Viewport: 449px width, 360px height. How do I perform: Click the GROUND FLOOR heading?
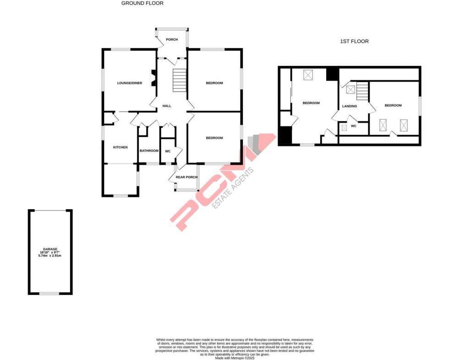tap(142, 3)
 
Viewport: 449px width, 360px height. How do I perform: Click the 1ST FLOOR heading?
tap(354, 41)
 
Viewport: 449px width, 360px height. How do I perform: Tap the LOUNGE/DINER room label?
tap(130, 83)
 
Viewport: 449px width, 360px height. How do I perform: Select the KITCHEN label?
tap(120, 147)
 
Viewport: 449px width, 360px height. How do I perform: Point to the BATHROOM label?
tap(149, 151)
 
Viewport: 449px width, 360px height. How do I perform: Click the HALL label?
tap(167, 106)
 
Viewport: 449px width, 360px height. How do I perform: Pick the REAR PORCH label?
tap(186, 177)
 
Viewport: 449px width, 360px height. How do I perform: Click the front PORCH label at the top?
tap(172, 39)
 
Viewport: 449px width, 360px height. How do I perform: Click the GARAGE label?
tap(50, 249)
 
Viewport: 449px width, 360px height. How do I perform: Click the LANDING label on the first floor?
tap(350, 106)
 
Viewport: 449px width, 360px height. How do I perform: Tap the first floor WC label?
tap(354, 126)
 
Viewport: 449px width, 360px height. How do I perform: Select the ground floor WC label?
tap(168, 151)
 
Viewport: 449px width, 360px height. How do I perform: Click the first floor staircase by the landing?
tap(363, 91)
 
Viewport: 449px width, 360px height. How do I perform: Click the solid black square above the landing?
tap(332, 74)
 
